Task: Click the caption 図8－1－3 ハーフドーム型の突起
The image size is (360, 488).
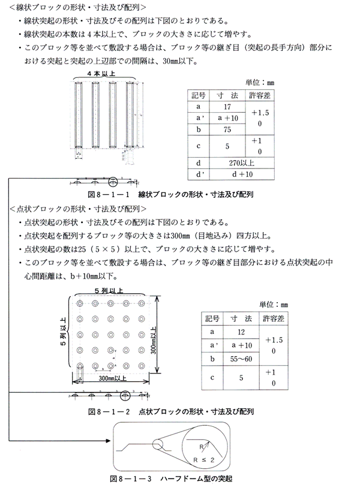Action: (x=171, y=479)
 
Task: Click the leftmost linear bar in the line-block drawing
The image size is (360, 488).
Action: (x=76, y=117)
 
